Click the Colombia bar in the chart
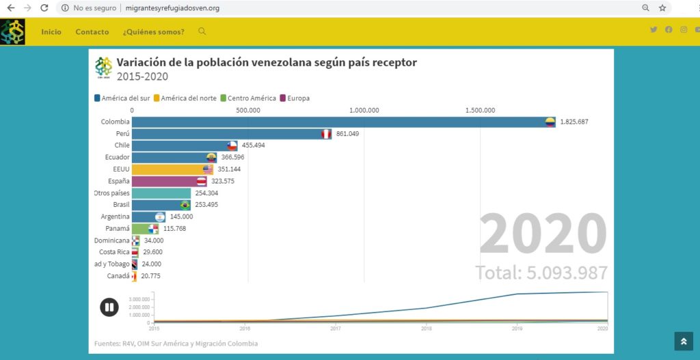pyautogui.click(x=342, y=122)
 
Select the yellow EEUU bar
pyautogui.click(x=171, y=169)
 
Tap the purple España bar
pyautogui.click(x=164, y=182)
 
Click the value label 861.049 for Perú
pyautogui.click(x=347, y=134)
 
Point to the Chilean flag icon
pyautogui.click(x=232, y=146)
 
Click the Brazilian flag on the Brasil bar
pyautogui.click(x=185, y=205)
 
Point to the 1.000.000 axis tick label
pyautogui.click(x=364, y=109)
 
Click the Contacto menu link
pyautogui.click(x=92, y=32)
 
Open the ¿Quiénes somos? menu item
pyautogui.click(x=153, y=32)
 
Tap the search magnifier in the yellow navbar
pyautogui.click(x=202, y=31)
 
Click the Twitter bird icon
pyautogui.click(x=654, y=29)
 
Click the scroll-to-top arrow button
pyautogui.click(x=684, y=341)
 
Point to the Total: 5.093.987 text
pyautogui.click(x=541, y=273)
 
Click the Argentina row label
pyautogui.click(x=115, y=217)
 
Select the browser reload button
pyautogui.click(x=44, y=8)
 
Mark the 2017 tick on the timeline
pyautogui.click(x=336, y=329)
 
